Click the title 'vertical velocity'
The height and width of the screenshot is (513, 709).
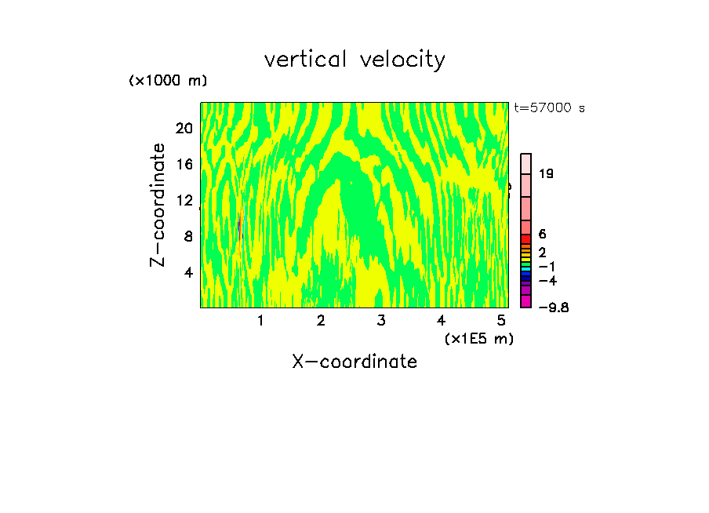coord(354,60)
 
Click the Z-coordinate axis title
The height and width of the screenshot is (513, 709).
coord(158,205)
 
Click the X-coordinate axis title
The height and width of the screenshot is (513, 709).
coord(354,362)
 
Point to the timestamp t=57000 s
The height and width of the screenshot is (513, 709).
coord(549,108)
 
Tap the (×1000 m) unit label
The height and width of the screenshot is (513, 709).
coord(167,81)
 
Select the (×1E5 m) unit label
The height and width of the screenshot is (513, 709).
coord(478,339)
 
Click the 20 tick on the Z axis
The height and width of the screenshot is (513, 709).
coord(184,128)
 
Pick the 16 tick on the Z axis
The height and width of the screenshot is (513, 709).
coord(184,164)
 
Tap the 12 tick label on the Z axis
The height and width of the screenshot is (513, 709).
coord(184,200)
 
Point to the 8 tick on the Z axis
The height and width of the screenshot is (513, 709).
coord(187,236)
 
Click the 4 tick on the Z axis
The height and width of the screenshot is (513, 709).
coord(187,272)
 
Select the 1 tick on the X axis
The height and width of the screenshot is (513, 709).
coord(260,320)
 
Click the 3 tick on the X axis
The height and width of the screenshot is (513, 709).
coord(381,320)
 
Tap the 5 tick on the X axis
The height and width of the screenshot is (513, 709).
coord(502,320)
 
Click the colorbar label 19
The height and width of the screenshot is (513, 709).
coord(547,173)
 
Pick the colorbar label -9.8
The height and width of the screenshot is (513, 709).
coord(553,307)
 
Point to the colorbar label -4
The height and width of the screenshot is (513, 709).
coord(548,280)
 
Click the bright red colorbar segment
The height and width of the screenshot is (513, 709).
coord(526,238)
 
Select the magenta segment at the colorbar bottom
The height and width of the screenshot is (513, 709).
coord(526,301)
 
